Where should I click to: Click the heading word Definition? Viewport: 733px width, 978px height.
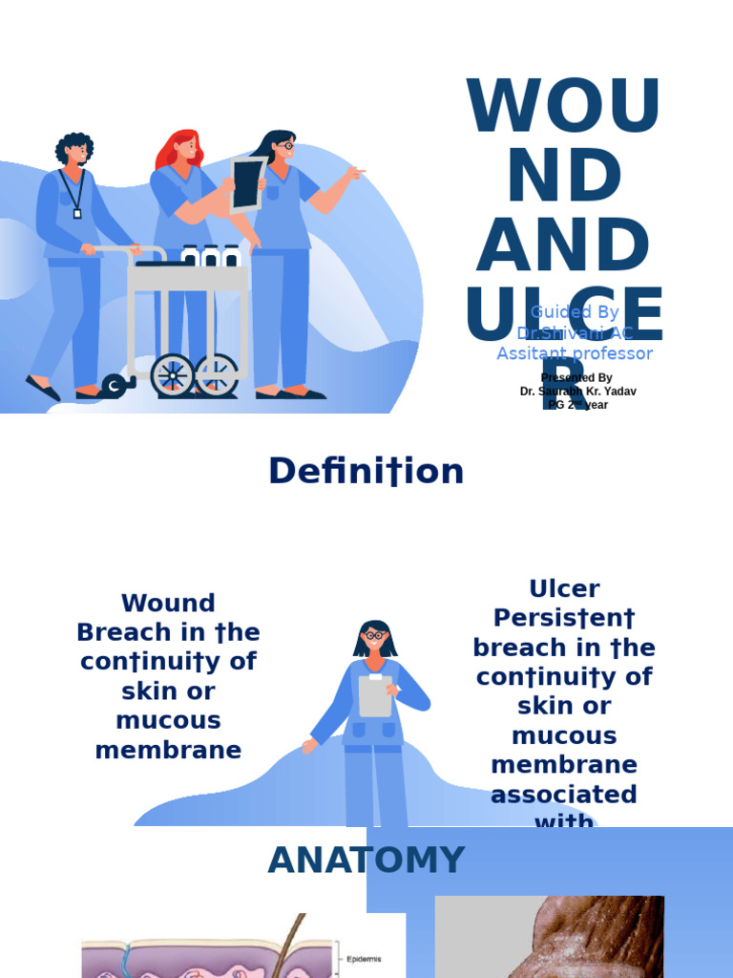pos(366,472)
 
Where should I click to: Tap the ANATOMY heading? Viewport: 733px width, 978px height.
pos(366,861)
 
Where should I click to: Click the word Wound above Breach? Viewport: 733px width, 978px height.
pos(168,604)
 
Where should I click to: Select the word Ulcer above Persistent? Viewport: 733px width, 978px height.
pos(564,588)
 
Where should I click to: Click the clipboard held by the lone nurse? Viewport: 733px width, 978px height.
pos(375,695)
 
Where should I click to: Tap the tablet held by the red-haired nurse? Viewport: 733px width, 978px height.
pos(246,184)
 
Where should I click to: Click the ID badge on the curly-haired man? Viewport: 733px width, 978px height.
pos(77,212)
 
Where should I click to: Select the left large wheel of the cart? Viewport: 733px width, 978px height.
pos(172,374)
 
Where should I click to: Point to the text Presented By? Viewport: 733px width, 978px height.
pos(576,378)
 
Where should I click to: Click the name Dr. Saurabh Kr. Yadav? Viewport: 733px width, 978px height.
pos(578,392)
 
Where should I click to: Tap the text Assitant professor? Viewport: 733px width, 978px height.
pos(575,354)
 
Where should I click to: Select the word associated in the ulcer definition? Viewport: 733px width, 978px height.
pos(564,795)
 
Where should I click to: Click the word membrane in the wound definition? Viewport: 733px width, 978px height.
pos(168,751)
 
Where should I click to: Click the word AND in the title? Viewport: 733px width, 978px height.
pos(563,244)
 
